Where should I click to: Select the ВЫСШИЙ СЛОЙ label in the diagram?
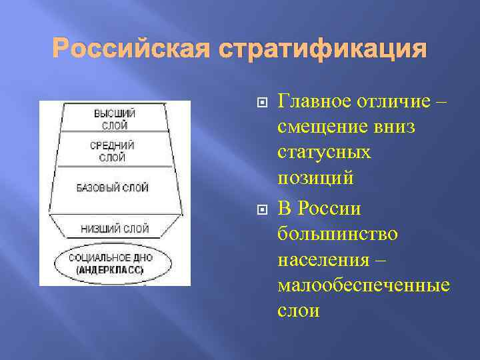[x=115, y=118]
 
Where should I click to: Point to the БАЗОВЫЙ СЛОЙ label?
[x=113, y=188]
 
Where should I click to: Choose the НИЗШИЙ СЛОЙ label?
[x=115, y=228]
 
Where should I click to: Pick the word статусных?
[x=324, y=153]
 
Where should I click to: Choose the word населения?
[x=323, y=259]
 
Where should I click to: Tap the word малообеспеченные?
[x=363, y=285]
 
